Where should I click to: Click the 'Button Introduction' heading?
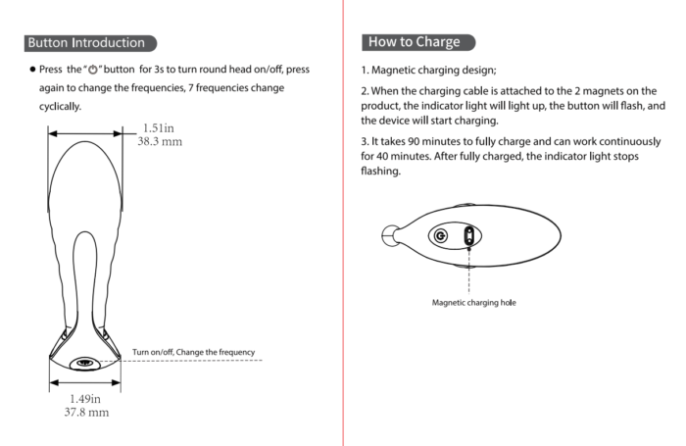click(87, 43)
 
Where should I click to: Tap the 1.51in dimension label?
click(159, 127)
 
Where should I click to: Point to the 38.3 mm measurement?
click(160, 141)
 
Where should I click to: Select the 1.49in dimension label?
click(87, 399)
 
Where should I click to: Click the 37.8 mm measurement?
click(87, 413)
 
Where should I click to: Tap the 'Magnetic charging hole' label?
click(474, 303)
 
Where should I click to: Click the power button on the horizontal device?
click(440, 235)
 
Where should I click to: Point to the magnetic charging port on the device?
click(469, 235)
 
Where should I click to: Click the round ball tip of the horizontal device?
click(391, 235)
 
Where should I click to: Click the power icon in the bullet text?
click(95, 71)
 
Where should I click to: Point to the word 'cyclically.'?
click(61, 106)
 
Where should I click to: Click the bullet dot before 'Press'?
click(31, 71)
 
